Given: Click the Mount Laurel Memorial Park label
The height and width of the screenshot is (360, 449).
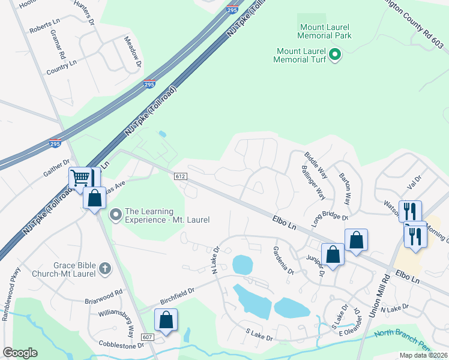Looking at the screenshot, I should (325, 31).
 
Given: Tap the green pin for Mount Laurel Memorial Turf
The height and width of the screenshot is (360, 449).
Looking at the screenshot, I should (336, 55).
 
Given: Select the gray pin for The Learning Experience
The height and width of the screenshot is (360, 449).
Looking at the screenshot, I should (116, 214).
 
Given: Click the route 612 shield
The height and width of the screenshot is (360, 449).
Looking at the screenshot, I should (181, 176).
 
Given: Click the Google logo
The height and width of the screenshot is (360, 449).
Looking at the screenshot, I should (20, 353).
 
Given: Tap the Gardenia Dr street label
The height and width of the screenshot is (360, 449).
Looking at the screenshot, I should (283, 260).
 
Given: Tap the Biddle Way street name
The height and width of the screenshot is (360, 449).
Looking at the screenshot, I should (316, 163).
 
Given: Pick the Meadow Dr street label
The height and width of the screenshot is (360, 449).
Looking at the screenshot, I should (133, 51).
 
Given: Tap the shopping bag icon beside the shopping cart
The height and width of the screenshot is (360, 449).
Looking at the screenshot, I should (95, 200).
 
